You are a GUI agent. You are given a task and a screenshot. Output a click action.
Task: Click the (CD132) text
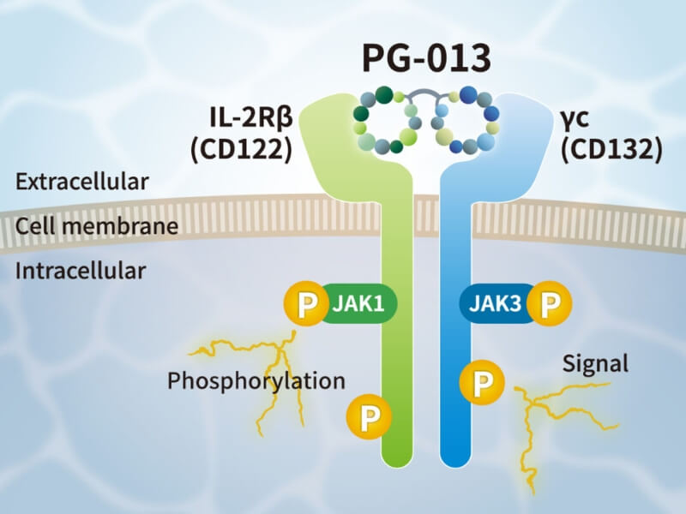point(611,149)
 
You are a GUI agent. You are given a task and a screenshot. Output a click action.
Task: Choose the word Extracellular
point(82,182)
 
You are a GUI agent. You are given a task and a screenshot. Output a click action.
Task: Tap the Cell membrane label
point(96,226)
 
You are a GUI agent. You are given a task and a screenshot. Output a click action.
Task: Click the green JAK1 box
point(358,302)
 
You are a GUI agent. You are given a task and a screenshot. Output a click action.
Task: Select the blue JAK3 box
point(496,302)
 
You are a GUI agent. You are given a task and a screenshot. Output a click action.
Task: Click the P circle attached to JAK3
point(550,302)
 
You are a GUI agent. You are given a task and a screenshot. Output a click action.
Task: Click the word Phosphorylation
point(256,380)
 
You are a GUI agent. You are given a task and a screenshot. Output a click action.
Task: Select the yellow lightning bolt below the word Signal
point(549,428)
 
